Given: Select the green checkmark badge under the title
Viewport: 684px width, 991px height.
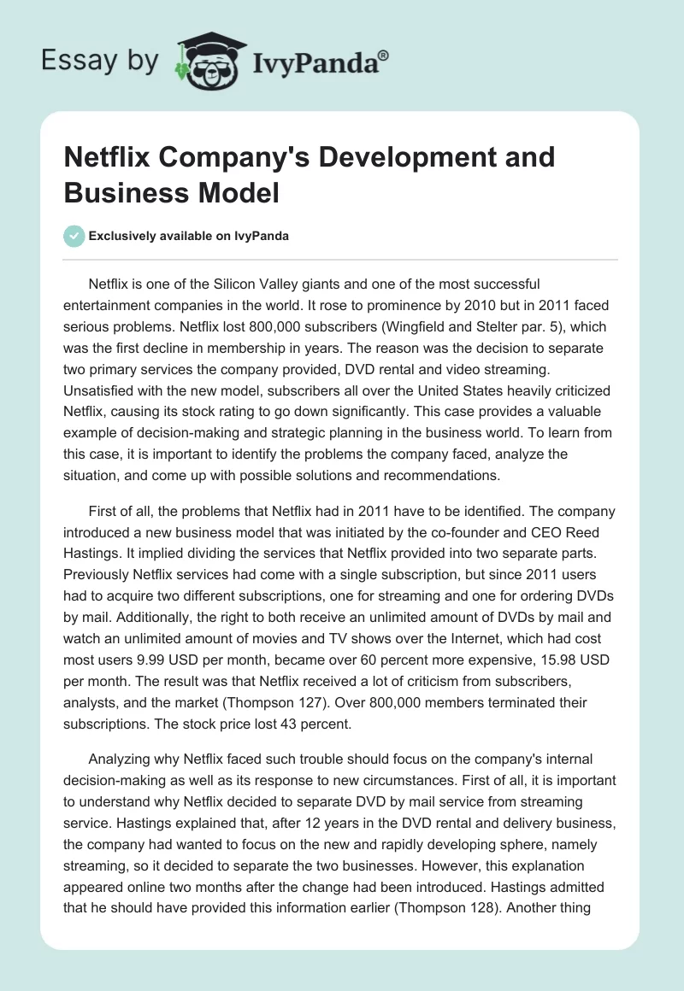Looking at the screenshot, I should coord(74,236).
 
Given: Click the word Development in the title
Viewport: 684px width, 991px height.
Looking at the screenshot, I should coord(392,157).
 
